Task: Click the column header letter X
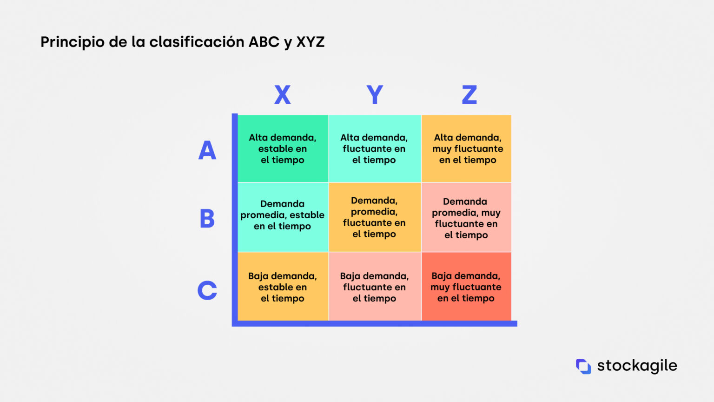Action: [283, 95]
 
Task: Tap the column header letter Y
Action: [375, 95]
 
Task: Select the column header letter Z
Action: [469, 95]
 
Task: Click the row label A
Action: [207, 150]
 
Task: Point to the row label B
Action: [207, 219]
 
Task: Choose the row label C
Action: [207, 290]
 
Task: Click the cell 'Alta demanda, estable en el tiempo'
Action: [283, 149]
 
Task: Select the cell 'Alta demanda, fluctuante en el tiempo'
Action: [375, 149]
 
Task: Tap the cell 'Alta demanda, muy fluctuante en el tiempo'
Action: [466, 149]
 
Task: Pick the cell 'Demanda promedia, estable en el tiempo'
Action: [283, 217]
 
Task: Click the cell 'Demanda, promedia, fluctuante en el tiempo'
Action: [375, 217]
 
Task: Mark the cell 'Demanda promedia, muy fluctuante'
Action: [466, 217]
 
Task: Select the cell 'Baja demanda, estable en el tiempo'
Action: [283, 287]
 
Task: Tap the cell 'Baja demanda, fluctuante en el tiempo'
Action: [375, 287]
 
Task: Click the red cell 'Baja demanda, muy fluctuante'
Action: [466, 287]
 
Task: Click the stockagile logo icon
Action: [583, 366]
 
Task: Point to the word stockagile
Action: [637, 366]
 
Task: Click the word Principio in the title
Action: [73, 42]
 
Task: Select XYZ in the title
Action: [311, 42]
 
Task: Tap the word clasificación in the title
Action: [197, 42]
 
